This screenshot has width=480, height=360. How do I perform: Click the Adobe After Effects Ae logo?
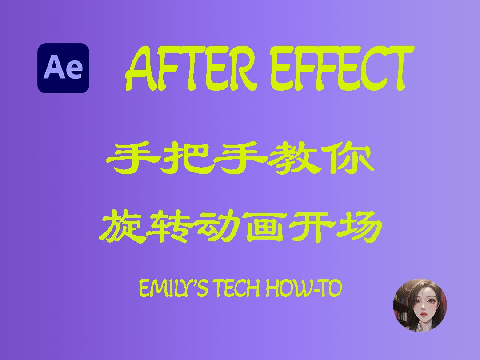click(x=63, y=68)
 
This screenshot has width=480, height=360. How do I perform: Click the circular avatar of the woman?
click(x=420, y=305)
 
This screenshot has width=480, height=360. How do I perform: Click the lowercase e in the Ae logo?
click(x=74, y=70)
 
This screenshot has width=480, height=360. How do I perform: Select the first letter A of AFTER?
click(x=141, y=69)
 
